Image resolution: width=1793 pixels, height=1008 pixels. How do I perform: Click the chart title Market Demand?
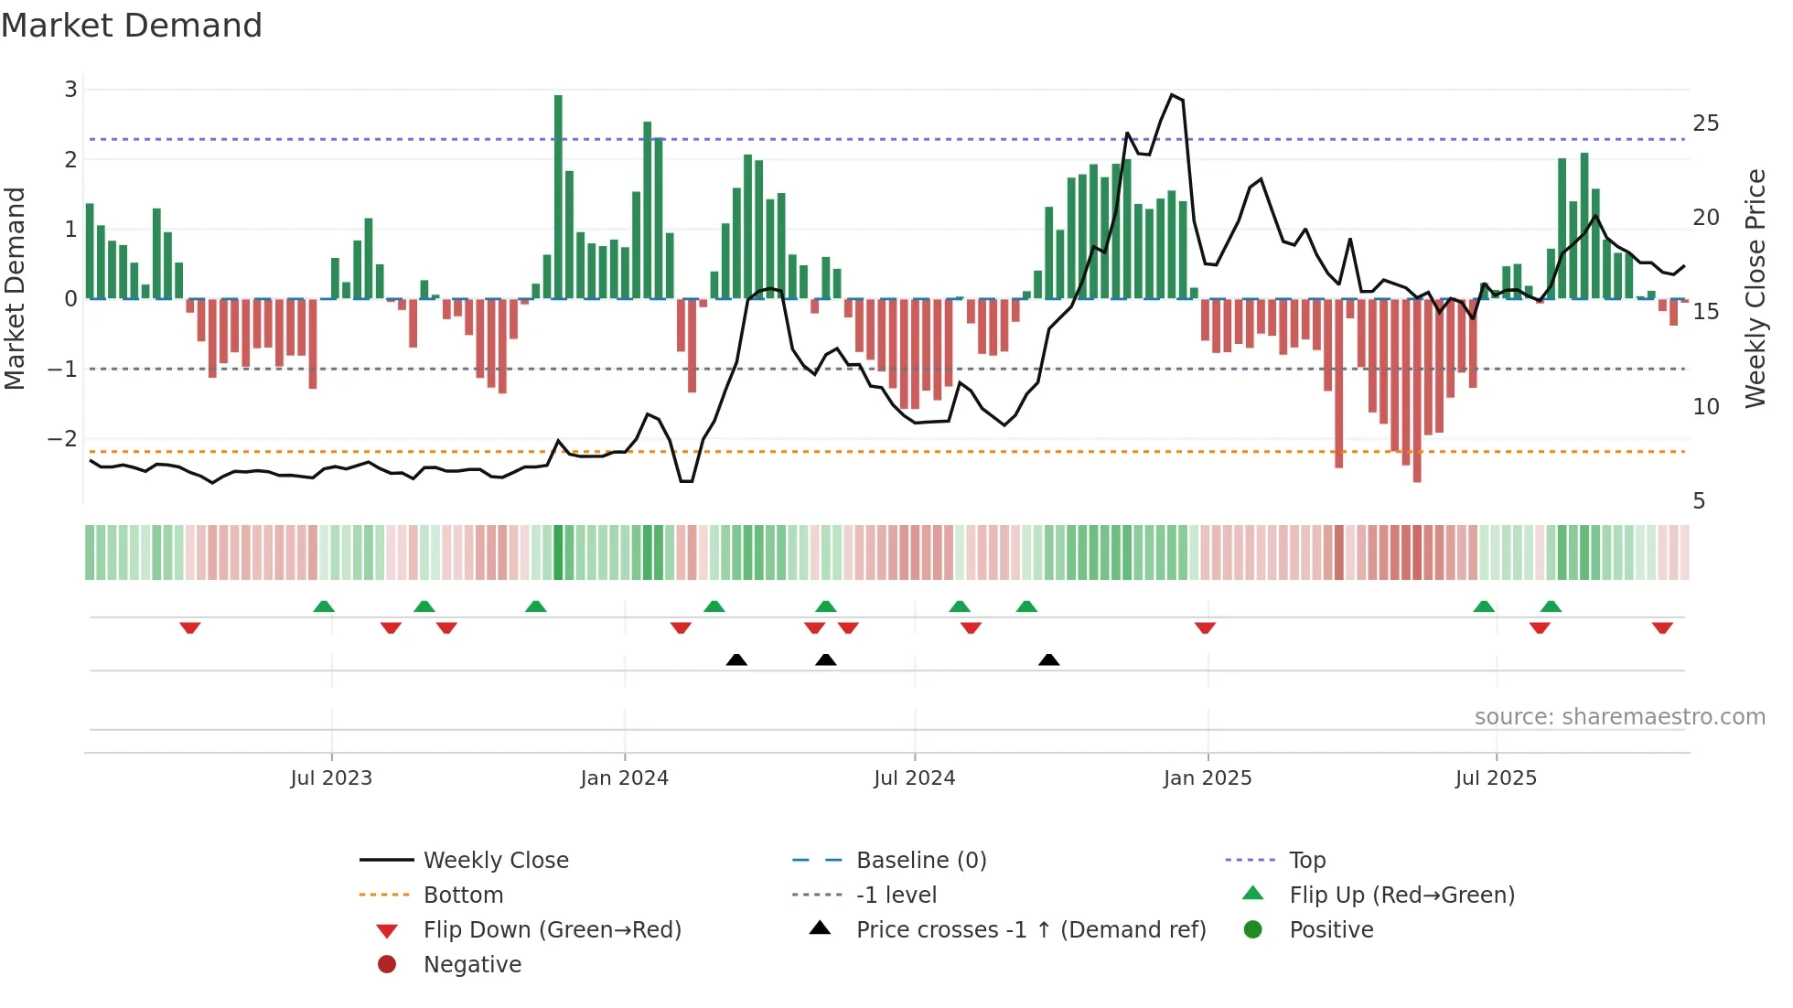tap(132, 26)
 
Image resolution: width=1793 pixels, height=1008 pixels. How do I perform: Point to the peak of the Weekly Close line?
tap(1172, 94)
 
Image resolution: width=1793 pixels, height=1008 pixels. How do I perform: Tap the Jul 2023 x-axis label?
tap(331, 778)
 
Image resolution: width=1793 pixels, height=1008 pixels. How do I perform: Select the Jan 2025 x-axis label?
tap(1208, 778)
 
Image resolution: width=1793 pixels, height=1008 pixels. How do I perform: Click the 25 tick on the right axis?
tap(1705, 123)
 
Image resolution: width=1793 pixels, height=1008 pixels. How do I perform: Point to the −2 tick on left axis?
tap(63, 439)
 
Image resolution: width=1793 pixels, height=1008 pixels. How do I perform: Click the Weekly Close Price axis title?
tap(1755, 288)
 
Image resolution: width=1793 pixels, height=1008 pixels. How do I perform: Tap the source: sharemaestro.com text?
tap(1619, 717)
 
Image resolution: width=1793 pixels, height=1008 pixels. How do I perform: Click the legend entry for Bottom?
tap(463, 895)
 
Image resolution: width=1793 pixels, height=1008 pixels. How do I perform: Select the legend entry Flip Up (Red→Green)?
tap(1401, 895)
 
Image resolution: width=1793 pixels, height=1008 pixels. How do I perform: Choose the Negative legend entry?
tap(472, 965)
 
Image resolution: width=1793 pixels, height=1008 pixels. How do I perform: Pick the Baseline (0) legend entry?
tap(920, 861)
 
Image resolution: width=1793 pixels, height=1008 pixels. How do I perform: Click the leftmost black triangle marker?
tap(736, 659)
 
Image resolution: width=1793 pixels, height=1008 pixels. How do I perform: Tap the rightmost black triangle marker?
tap(1049, 659)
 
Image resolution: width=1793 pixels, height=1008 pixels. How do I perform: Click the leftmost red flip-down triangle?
tap(190, 627)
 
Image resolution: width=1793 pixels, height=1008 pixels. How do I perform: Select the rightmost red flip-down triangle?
tap(1662, 627)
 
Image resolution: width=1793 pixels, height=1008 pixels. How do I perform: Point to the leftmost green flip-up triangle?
tap(324, 606)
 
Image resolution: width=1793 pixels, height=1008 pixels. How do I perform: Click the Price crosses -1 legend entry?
tap(1030, 930)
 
